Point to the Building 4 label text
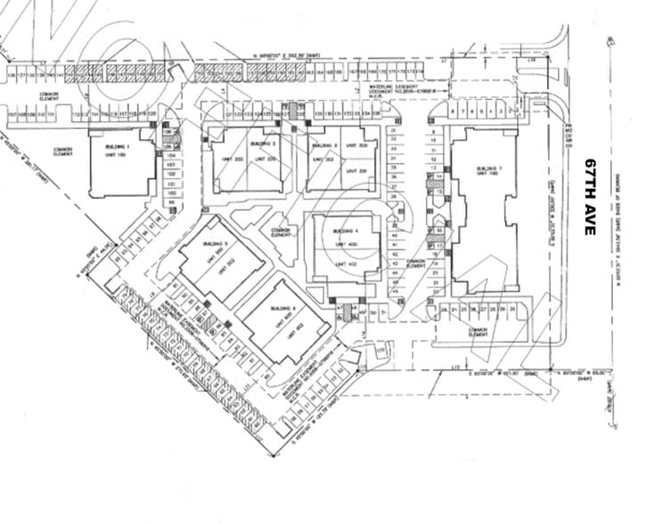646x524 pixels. click(x=344, y=231)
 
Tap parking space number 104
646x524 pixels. click(x=171, y=155)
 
